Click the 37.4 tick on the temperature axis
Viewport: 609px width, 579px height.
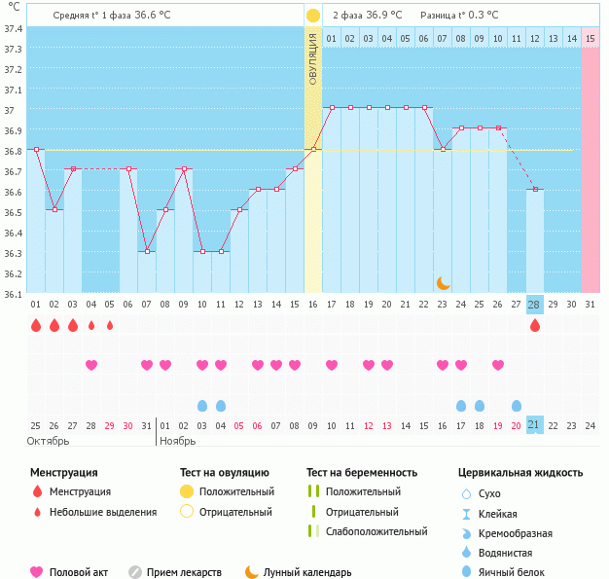[x=12, y=28]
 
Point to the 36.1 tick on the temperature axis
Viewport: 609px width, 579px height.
[x=12, y=293]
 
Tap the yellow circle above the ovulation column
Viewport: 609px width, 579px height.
[x=313, y=16]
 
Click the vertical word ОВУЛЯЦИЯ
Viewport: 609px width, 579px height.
[x=313, y=59]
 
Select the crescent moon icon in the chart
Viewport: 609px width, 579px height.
[x=444, y=282]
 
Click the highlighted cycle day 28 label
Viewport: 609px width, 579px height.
[x=534, y=305]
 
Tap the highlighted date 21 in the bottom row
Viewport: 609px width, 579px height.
[x=534, y=425]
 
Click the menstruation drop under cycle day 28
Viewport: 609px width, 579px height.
[x=534, y=326]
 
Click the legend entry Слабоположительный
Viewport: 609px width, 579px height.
[x=376, y=531]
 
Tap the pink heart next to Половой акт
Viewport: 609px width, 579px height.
[x=37, y=572]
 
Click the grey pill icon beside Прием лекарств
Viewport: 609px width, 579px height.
[x=134, y=572]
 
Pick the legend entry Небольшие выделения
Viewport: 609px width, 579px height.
[x=102, y=512]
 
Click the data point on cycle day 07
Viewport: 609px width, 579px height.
[x=147, y=251]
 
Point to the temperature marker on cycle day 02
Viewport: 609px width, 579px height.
[x=54, y=209]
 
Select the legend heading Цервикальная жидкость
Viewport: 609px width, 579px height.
[x=519, y=473]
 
